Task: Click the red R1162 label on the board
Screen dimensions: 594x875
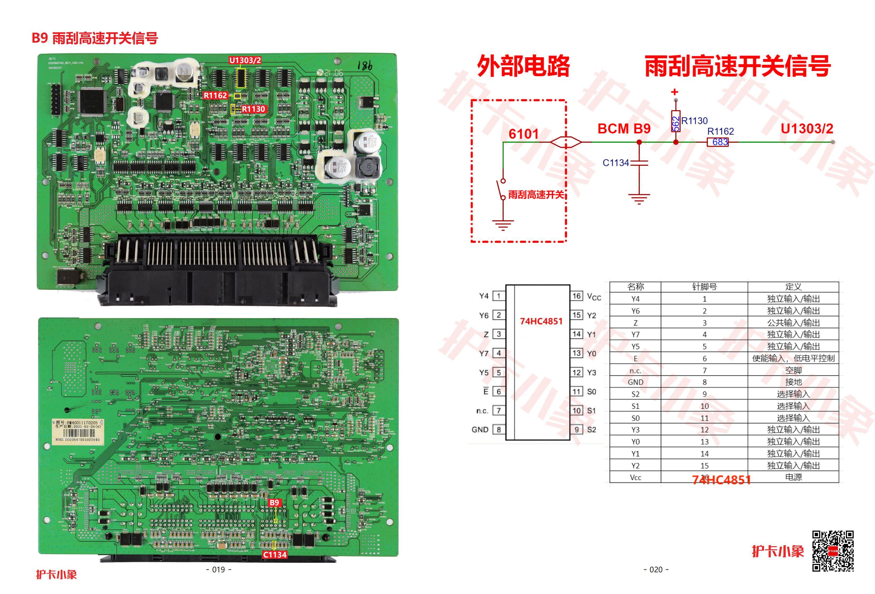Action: [215, 95]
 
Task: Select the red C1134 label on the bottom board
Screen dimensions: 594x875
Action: [275, 555]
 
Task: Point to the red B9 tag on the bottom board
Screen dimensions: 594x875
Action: [274, 502]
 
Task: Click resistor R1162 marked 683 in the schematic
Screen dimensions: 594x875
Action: [718, 142]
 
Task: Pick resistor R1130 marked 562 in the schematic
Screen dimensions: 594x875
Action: [676, 121]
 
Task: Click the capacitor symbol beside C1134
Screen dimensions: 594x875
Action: [639, 163]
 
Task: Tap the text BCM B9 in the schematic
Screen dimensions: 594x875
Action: [624, 129]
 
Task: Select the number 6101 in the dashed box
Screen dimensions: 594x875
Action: [523, 134]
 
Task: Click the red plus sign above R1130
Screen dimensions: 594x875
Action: [675, 92]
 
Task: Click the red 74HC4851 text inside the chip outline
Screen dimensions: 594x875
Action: [541, 321]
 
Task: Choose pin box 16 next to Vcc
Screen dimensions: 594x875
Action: [577, 296]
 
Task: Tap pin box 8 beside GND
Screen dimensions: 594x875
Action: [499, 429]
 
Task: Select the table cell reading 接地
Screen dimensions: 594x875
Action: [793, 382]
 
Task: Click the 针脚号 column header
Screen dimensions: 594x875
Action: [704, 287]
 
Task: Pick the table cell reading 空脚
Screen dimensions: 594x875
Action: [793, 370]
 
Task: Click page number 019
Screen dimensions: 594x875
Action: [219, 570]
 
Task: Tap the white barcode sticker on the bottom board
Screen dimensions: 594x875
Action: [78, 431]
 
